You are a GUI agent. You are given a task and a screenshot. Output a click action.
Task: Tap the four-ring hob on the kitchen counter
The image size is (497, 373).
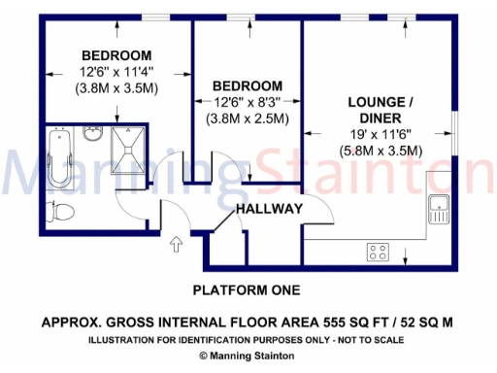(378, 252)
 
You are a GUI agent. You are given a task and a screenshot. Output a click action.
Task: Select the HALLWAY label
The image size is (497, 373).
(269, 209)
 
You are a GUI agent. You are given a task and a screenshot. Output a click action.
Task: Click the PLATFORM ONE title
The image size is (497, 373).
(247, 289)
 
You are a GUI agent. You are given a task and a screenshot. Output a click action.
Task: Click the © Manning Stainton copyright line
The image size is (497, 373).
(247, 356)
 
